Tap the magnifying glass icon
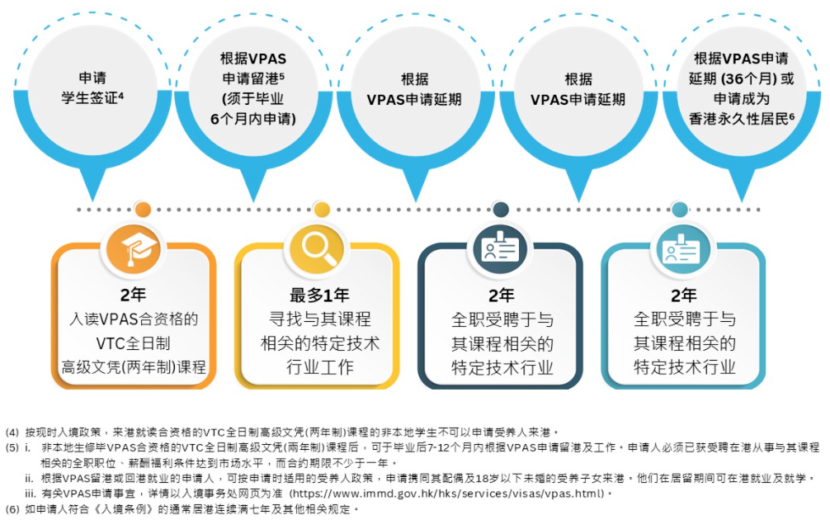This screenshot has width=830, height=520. [x=318, y=247]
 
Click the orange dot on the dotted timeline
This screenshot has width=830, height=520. [x=143, y=209]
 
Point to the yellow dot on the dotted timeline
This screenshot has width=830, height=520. [x=322, y=209]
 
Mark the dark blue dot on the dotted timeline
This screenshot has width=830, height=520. [x=501, y=209]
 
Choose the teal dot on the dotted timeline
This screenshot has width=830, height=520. [x=680, y=209]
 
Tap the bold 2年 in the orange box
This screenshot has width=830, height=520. [x=134, y=295]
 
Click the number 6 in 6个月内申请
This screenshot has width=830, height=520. [x=215, y=116]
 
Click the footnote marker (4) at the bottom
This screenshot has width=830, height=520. [x=12, y=431]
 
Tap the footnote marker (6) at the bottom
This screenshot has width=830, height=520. [x=12, y=508]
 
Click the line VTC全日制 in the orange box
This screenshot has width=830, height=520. [x=134, y=343]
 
